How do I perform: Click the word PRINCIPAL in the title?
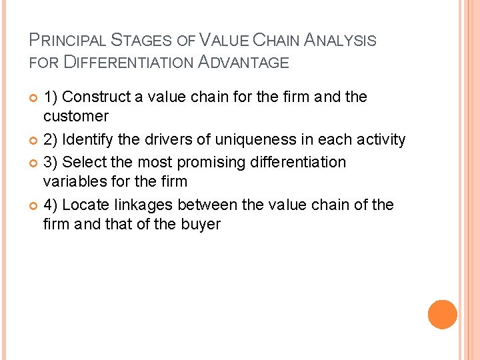(67, 40)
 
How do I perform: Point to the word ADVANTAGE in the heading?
(242, 63)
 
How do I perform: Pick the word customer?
(75, 116)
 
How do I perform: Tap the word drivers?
(161, 139)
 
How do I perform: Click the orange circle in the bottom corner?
(442, 314)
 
